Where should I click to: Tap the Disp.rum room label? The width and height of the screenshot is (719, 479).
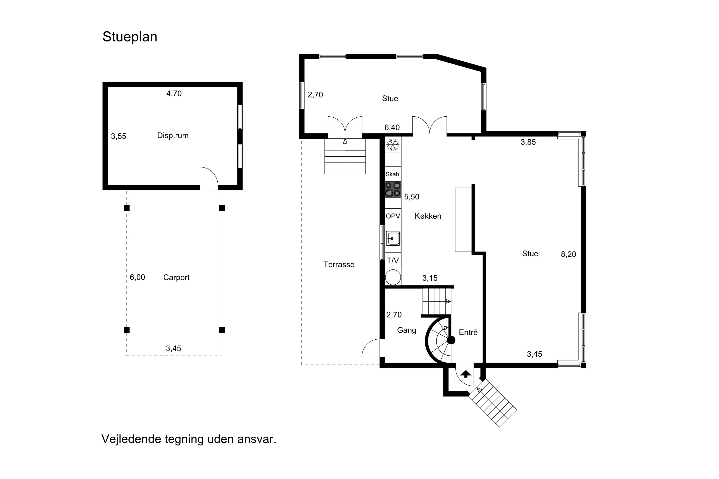173,136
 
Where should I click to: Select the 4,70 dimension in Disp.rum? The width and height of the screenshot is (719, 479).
174,93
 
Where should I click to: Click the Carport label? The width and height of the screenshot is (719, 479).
176,278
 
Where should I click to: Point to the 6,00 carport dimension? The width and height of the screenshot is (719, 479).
137,277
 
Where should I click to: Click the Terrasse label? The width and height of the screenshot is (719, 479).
339,265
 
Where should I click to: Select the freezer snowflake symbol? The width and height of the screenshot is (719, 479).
393,145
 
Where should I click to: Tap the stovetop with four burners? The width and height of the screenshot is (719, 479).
393,189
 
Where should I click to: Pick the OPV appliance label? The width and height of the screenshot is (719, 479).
393,216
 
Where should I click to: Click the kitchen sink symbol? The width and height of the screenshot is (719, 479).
393,239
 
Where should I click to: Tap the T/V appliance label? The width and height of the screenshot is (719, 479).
393,261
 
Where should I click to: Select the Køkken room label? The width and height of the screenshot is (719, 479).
428,216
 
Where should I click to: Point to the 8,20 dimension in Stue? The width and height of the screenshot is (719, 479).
568,254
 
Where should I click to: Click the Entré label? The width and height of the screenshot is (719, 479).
468,332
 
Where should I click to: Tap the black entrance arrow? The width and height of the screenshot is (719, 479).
466,374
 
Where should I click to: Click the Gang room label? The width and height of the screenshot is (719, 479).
406,331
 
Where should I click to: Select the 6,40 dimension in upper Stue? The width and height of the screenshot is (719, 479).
392,128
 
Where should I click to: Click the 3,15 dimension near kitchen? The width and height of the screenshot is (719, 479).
430,278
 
